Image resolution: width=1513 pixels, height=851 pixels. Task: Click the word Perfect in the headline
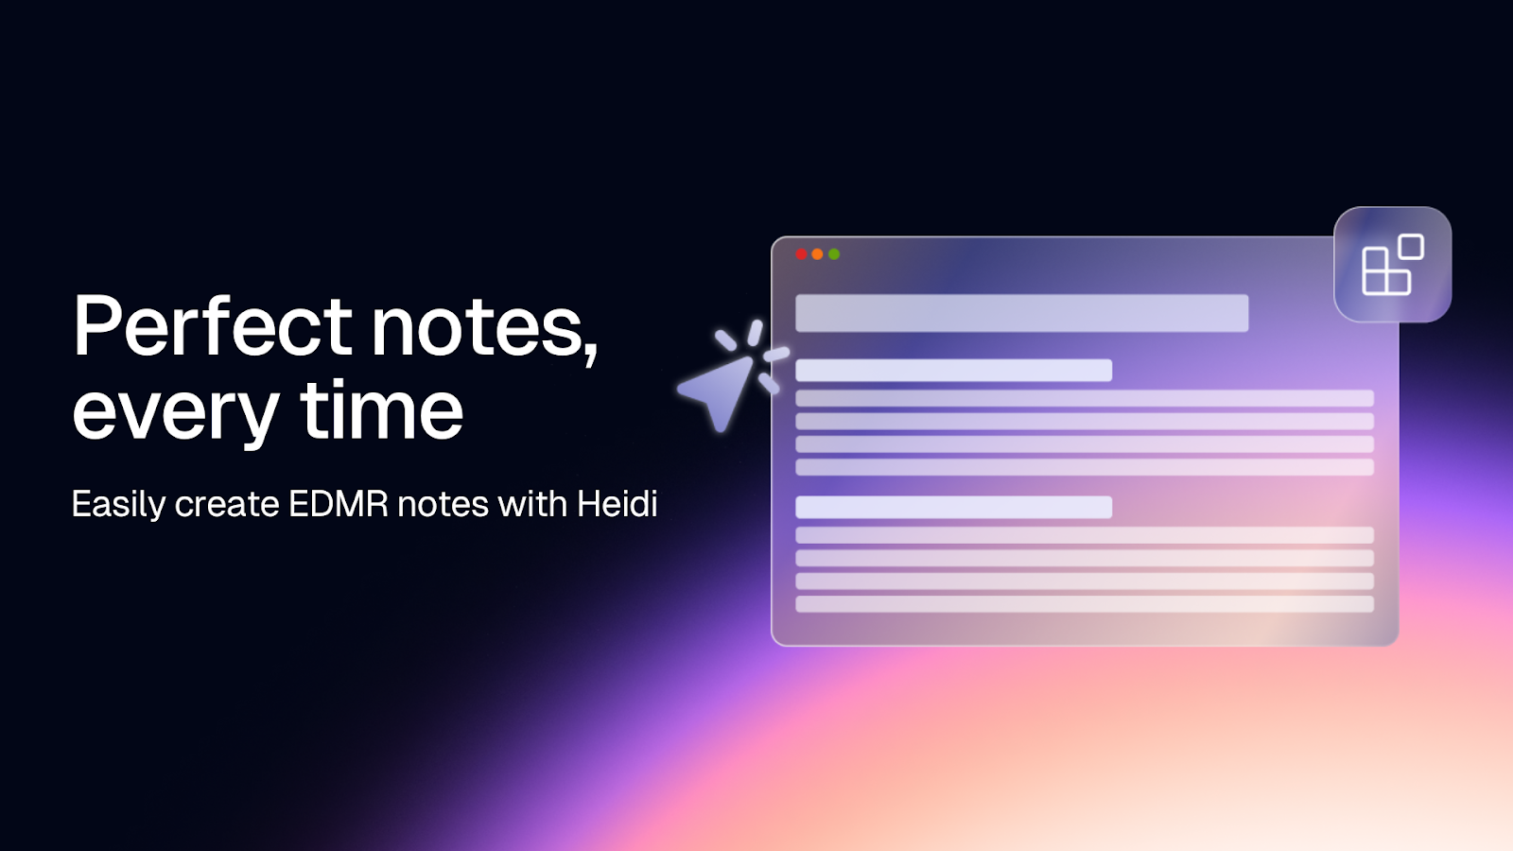click(213, 326)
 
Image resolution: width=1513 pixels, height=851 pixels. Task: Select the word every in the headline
click(175, 412)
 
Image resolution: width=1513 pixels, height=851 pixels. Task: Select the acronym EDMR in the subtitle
click(338, 504)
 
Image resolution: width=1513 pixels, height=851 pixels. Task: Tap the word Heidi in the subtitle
click(617, 504)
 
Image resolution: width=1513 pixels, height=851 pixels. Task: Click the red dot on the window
click(802, 254)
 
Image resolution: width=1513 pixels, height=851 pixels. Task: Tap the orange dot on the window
click(818, 254)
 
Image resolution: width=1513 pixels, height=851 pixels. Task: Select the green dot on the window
click(834, 254)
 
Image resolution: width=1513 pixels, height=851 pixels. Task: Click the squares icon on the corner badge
click(1392, 265)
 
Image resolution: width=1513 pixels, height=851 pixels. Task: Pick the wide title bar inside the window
click(1021, 313)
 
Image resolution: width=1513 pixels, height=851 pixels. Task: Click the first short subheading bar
click(953, 370)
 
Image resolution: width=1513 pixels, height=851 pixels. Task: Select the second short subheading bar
click(953, 507)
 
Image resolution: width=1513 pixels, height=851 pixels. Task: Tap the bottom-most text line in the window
click(1084, 604)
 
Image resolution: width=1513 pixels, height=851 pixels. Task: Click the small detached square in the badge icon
click(1412, 247)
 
